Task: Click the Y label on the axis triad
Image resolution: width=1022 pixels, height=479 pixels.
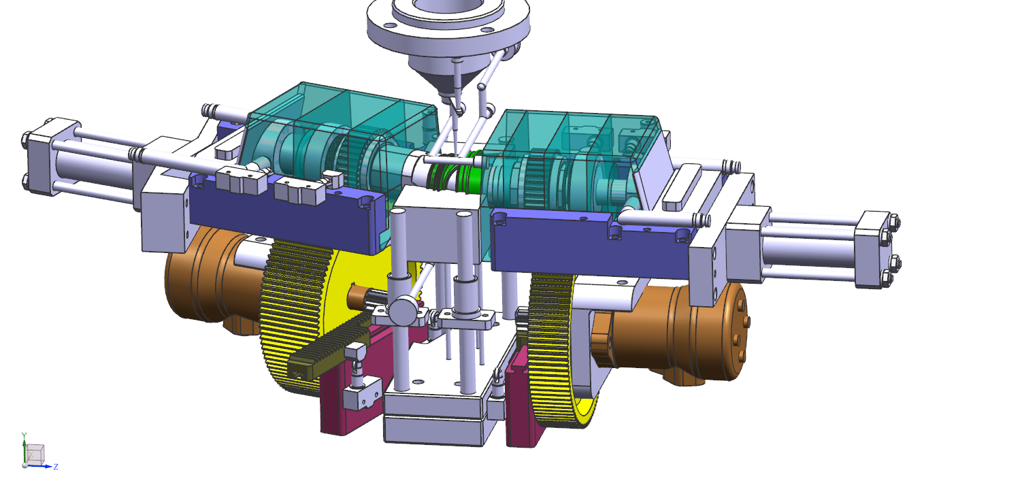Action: pos(24,435)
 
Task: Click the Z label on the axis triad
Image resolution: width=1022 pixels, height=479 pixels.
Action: pos(56,467)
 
